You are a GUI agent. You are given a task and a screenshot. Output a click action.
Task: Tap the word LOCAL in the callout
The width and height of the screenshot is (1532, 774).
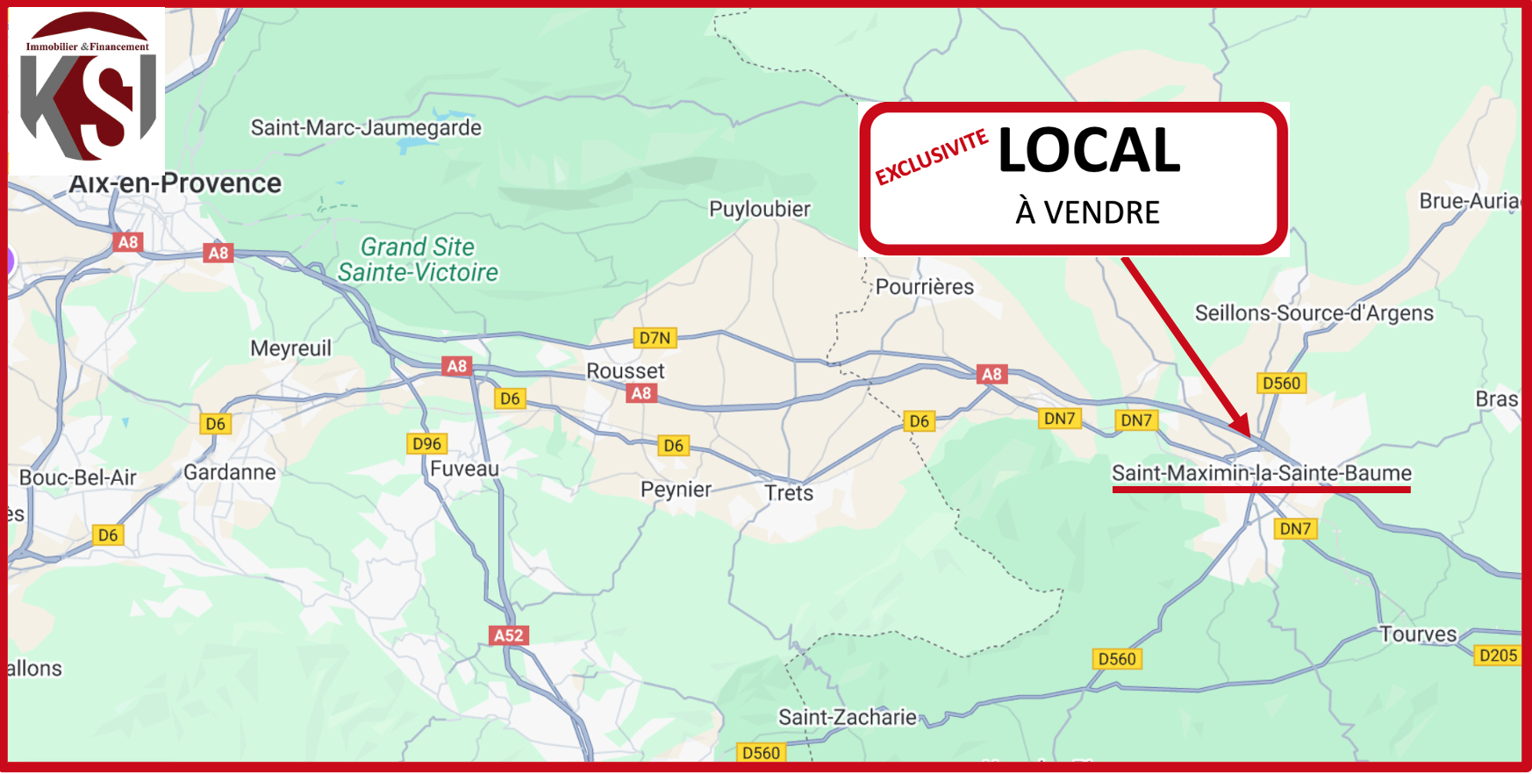pyautogui.click(x=1089, y=150)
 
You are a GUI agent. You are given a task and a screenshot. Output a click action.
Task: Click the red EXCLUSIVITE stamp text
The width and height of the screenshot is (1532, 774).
pyautogui.click(x=932, y=157)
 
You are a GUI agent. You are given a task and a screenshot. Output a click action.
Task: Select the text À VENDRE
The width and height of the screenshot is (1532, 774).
pyautogui.click(x=1087, y=212)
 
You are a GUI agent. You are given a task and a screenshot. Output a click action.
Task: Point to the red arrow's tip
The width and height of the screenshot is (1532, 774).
pyautogui.click(x=1247, y=434)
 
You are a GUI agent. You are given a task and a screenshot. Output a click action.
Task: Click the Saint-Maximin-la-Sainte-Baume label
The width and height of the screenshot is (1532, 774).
pyautogui.click(x=1261, y=473)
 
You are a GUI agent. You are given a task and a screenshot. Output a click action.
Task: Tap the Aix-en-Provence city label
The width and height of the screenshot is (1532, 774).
pyautogui.click(x=175, y=183)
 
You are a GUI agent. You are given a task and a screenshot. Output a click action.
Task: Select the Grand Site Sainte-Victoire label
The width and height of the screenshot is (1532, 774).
pyautogui.click(x=418, y=260)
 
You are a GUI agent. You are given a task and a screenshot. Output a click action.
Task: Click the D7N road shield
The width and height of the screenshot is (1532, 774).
pyautogui.click(x=655, y=338)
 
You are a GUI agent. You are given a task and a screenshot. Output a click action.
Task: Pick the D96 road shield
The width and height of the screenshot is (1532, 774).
pyautogui.click(x=427, y=443)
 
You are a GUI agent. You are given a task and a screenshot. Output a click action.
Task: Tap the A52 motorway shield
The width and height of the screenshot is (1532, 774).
pyautogui.click(x=509, y=635)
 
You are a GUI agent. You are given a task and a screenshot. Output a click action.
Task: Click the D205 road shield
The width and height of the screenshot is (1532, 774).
pyautogui.click(x=1498, y=656)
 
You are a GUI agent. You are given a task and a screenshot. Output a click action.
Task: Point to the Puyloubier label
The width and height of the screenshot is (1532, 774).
pyautogui.click(x=759, y=209)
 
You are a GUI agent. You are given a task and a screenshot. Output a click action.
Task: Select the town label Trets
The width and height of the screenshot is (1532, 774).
pyautogui.click(x=789, y=493)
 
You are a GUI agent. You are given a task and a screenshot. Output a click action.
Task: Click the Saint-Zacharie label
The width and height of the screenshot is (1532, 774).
pyautogui.click(x=847, y=717)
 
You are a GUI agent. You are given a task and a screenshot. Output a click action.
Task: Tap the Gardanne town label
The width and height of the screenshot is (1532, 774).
pyautogui.click(x=230, y=472)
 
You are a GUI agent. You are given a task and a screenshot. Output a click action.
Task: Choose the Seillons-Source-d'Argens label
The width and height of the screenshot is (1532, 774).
pyautogui.click(x=1314, y=313)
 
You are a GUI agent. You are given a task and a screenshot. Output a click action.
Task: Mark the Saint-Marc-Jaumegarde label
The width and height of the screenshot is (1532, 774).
pyautogui.click(x=366, y=127)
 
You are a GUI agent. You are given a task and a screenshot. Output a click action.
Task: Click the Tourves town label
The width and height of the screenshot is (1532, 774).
pyautogui.click(x=1418, y=634)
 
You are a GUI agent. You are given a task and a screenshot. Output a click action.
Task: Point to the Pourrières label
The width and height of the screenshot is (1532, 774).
pyautogui.click(x=925, y=287)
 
